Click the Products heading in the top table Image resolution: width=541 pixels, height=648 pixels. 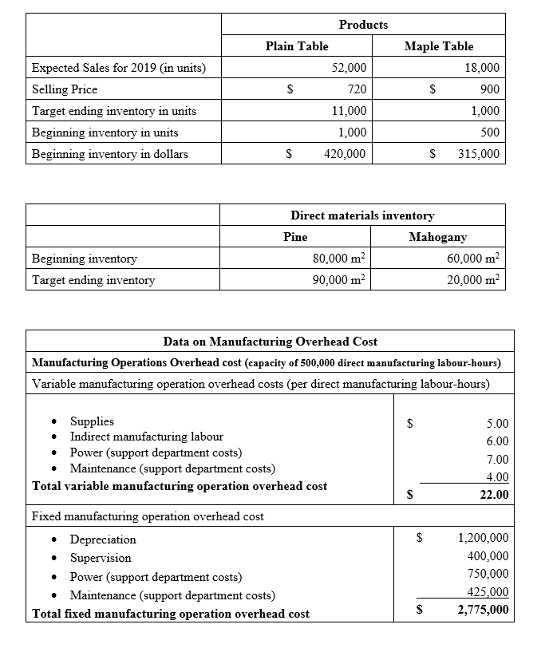click(363, 25)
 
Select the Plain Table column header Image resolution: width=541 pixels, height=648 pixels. click(296, 46)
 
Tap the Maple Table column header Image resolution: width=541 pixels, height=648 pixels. click(438, 46)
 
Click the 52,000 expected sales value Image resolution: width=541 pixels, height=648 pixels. click(349, 68)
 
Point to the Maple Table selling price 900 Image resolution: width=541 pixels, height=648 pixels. click(486, 89)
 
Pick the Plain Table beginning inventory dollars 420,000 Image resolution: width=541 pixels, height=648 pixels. click(345, 154)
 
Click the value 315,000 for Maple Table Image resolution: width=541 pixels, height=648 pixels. click(479, 154)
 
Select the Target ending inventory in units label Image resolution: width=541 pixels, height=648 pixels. click(114, 111)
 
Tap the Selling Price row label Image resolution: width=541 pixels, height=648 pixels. click(64, 89)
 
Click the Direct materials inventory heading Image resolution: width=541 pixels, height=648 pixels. click(362, 215)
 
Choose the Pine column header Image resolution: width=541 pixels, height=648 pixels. click(295, 237)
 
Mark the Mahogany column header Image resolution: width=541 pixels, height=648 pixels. click(437, 237)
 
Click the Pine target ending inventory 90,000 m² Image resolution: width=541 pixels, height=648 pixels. click(338, 279)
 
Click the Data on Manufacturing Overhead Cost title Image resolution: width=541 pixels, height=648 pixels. click(270, 342)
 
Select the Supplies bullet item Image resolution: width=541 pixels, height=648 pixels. click(92, 421)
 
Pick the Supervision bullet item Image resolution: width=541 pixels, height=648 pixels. click(101, 558)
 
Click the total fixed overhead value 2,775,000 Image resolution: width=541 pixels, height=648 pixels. click(484, 610)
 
